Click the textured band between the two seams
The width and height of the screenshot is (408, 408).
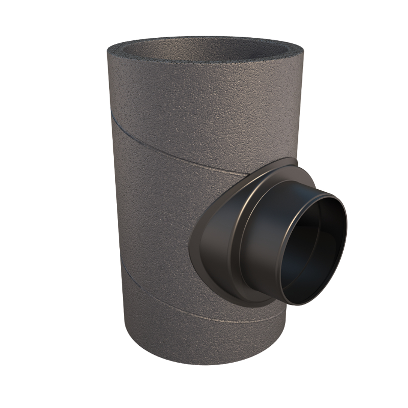pos(153,214)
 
